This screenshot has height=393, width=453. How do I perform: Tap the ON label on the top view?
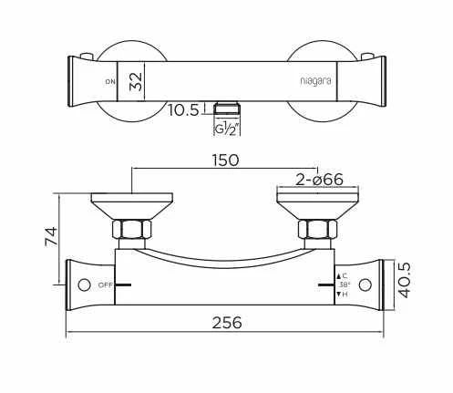(110, 82)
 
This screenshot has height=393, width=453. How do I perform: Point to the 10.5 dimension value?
(184, 111)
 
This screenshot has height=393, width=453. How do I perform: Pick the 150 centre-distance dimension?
(225, 160)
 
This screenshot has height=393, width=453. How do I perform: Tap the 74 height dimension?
(52, 237)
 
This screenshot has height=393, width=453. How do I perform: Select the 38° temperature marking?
(344, 284)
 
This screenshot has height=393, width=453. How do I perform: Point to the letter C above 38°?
(344, 274)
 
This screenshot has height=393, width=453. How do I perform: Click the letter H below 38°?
(344, 295)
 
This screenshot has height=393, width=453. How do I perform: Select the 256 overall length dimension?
(226, 323)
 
